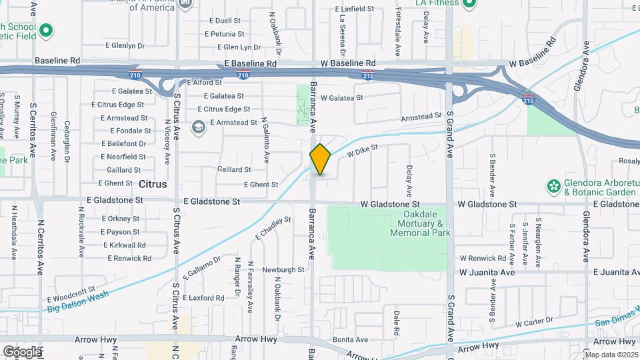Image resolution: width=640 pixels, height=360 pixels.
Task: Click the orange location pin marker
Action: point(320,159)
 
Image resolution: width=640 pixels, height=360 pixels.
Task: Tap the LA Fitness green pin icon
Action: point(469,3)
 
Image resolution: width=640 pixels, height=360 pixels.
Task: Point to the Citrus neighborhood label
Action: point(153,183)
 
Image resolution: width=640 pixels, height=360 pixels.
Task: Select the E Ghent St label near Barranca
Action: point(261,184)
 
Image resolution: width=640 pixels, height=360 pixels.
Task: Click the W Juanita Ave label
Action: point(487,273)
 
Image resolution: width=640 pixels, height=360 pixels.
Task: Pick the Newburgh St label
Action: point(283,270)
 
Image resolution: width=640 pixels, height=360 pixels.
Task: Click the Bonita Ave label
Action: point(350,340)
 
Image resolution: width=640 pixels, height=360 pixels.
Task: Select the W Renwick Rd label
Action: point(483,258)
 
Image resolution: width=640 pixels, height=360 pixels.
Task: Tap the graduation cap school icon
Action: point(198,126)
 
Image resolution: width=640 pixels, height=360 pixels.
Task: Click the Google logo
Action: point(22,351)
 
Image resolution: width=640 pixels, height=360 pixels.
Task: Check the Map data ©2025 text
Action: point(611,355)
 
